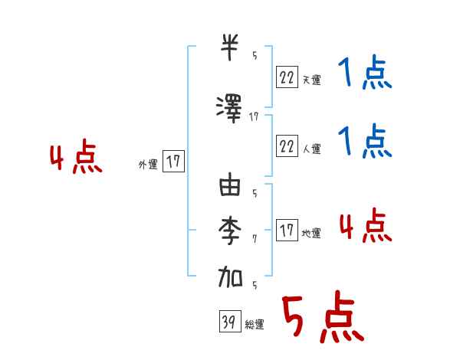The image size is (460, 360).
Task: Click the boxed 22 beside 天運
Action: [x=287, y=76]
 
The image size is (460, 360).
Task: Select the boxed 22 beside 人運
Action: [x=287, y=146]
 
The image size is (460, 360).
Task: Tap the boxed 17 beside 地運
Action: [x=287, y=231]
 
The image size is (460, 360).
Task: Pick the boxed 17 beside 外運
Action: [x=173, y=162]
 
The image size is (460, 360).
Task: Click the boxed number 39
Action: [x=228, y=322]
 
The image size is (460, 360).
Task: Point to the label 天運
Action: [x=311, y=79]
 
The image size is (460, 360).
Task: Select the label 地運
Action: [x=311, y=234]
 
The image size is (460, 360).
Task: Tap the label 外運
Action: [x=148, y=165]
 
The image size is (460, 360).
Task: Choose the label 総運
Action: [x=254, y=325]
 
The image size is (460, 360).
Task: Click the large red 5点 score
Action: [x=321, y=319]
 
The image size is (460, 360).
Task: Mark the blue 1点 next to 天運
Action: [x=363, y=74]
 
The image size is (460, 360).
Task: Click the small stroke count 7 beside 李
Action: [x=255, y=238]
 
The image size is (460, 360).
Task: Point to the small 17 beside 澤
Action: [x=255, y=116]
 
